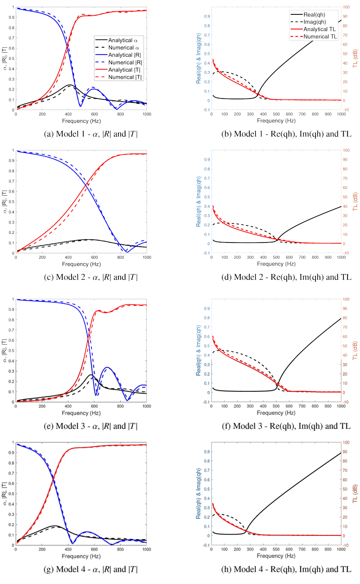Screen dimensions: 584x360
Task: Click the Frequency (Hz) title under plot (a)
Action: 81,121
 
